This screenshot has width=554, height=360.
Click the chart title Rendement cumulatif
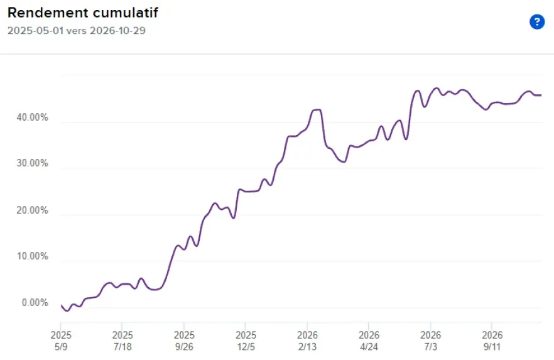coord(83,13)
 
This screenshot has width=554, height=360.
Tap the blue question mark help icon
coord(536,22)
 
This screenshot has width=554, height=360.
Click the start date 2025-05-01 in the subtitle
coord(35,31)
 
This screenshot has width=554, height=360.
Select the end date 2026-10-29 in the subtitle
coord(117,31)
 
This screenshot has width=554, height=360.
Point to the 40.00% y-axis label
coord(32,117)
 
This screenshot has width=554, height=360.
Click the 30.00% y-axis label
coord(32,163)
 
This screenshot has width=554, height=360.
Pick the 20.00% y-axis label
coord(32,210)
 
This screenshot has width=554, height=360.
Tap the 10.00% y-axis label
coord(32,256)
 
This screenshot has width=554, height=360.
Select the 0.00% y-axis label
coord(35,303)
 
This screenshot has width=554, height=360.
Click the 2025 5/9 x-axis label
coord(61,341)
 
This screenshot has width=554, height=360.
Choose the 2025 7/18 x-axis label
coord(122,341)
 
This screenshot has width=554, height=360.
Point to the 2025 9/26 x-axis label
coord(184,341)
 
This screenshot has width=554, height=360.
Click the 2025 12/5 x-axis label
coord(246,341)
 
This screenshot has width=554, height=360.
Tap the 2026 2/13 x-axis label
coord(307,341)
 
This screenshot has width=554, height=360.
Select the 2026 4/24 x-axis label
coord(369,341)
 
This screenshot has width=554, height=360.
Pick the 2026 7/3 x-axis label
coord(430,341)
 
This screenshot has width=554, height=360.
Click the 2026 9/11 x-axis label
coord(492,341)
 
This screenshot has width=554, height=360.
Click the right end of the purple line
coord(541,95)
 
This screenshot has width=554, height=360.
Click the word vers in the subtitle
coord(77,31)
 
